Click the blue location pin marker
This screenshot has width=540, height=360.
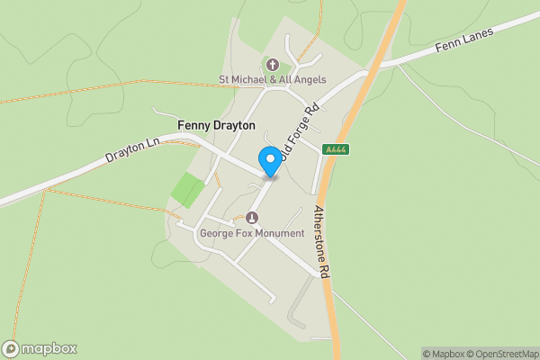coord(269,160)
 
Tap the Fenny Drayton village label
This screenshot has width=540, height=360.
coord(216,125)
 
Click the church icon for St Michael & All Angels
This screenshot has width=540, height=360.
coord(273,65)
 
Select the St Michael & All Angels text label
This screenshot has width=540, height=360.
coord(273,79)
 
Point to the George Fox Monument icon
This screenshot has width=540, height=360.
coord(252,217)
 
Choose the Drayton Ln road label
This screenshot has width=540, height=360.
coord(132,148)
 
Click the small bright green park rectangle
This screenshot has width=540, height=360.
coord(188,190)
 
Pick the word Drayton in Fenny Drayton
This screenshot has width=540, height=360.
coord(234,125)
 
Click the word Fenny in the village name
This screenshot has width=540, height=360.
coord(193,125)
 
